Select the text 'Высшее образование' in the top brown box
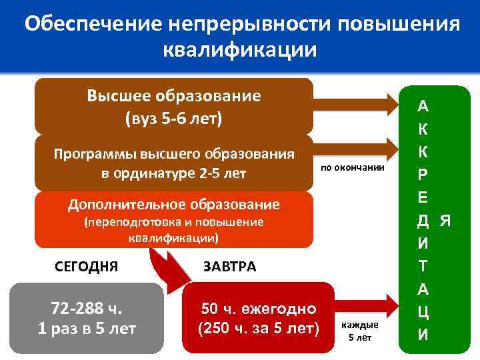173,95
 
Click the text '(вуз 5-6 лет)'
173,119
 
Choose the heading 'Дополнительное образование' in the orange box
173,204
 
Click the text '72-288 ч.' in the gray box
87,308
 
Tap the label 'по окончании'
353,167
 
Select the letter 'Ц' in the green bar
423,311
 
